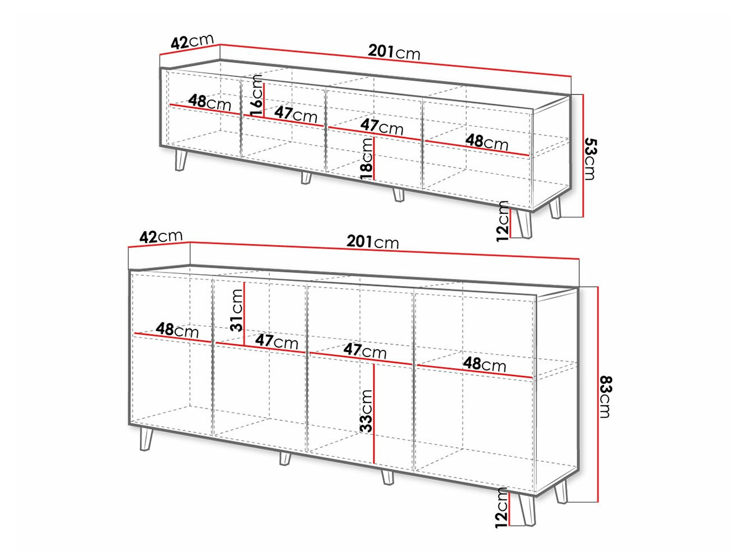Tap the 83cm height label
pyautogui.click(x=605, y=396)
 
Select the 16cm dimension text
pyautogui.click(x=256, y=96)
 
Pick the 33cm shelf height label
pyautogui.click(x=367, y=411)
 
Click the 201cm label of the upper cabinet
pyautogui.click(x=394, y=53)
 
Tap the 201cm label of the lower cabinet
pyautogui.click(x=372, y=242)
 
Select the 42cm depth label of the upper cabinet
pyautogui.click(x=192, y=41)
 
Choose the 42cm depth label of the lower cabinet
pyautogui.click(x=161, y=236)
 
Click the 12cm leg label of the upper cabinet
pyautogui.click(x=503, y=221)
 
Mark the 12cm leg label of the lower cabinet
pyautogui.click(x=502, y=508)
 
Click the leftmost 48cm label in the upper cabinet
pyautogui.click(x=209, y=102)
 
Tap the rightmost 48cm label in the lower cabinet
pyautogui.click(x=484, y=364)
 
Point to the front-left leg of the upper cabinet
pyautogui.click(x=181, y=160)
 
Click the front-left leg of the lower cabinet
pyautogui.click(x=147, y=439)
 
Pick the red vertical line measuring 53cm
pyautogui.click(x=583, y=156)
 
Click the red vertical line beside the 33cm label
pyautogui.click(x=374, y=414)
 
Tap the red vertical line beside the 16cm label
pyautogui.click(x=264, y=100)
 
